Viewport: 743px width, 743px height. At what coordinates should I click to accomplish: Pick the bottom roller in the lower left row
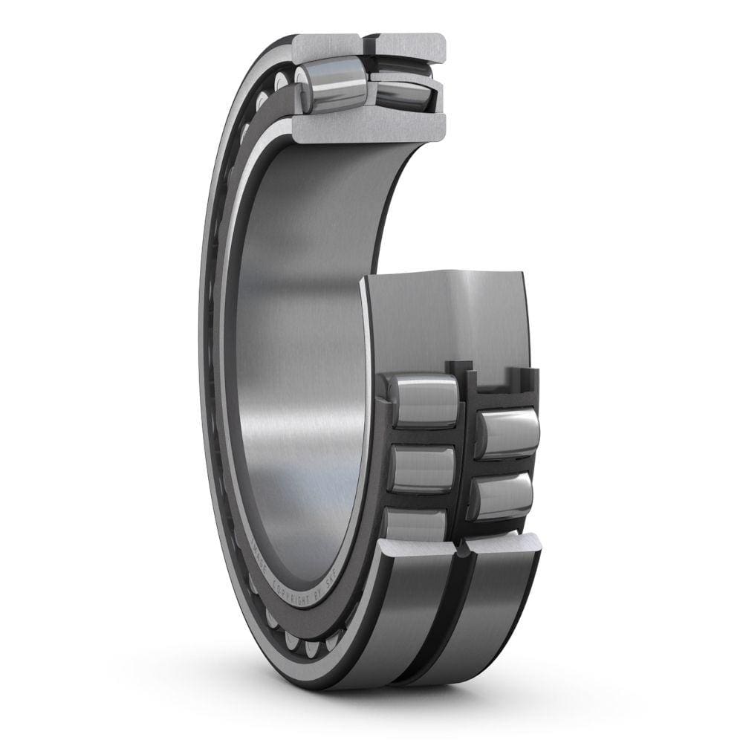(x=416, y=524)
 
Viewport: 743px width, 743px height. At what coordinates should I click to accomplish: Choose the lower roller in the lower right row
(x=504, y=496)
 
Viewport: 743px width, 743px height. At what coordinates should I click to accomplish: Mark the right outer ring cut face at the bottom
(x=502, y=546)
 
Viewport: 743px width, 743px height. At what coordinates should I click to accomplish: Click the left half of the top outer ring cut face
(x=327, y=48)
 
